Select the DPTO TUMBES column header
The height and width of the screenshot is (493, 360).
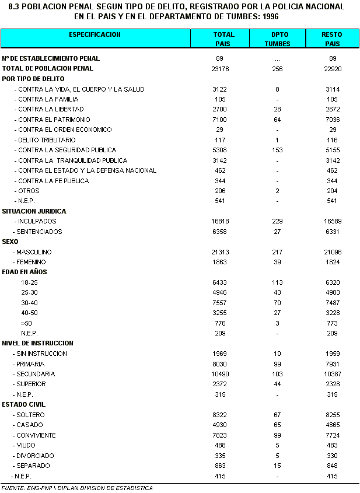point(277,39)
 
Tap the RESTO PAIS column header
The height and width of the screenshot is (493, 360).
point(332,39)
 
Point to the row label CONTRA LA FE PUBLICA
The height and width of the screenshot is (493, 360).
point(53,181)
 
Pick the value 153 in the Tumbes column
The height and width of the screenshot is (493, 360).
point(277,150)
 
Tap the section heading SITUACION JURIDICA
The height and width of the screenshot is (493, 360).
point(34,211)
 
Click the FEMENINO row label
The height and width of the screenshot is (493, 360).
point(34,262)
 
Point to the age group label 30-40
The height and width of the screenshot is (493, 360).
point(29,303)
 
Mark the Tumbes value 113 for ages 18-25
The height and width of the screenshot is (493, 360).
point(277,282)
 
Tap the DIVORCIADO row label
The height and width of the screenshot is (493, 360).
point(35,456)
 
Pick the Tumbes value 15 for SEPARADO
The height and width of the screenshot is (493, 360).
point(277,466)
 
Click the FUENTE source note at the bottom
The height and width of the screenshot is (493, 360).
point(77,488)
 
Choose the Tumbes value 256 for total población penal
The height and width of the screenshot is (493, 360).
point(277,69)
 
